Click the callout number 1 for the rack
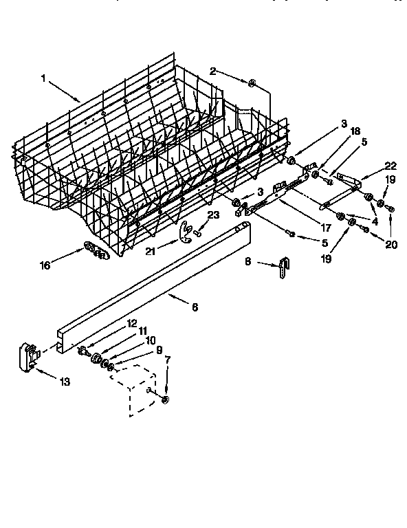click(x=43, y=78)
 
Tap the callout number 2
click(x=213, y=71)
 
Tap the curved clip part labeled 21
click(x=184, y=232)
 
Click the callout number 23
click(x=213, y=214)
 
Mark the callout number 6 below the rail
click(x=195, y=307)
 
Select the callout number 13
click(x=64, y=382)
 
